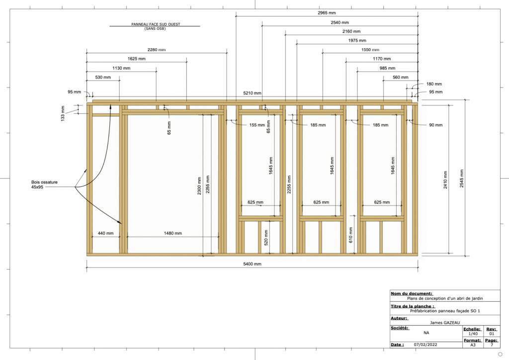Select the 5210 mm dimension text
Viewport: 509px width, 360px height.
pos(252,93)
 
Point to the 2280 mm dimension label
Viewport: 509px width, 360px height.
pos(157,50)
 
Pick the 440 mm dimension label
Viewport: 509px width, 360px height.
pos(105,233)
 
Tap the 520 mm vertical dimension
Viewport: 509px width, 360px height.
pos(267,237)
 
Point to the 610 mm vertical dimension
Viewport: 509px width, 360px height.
pos(351,235)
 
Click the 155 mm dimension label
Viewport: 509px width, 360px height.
pos(257,125)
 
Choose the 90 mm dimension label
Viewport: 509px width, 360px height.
pos(436,125)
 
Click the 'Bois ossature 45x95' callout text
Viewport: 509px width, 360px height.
pos(44,185)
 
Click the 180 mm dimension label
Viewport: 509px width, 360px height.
pos(434,84)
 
